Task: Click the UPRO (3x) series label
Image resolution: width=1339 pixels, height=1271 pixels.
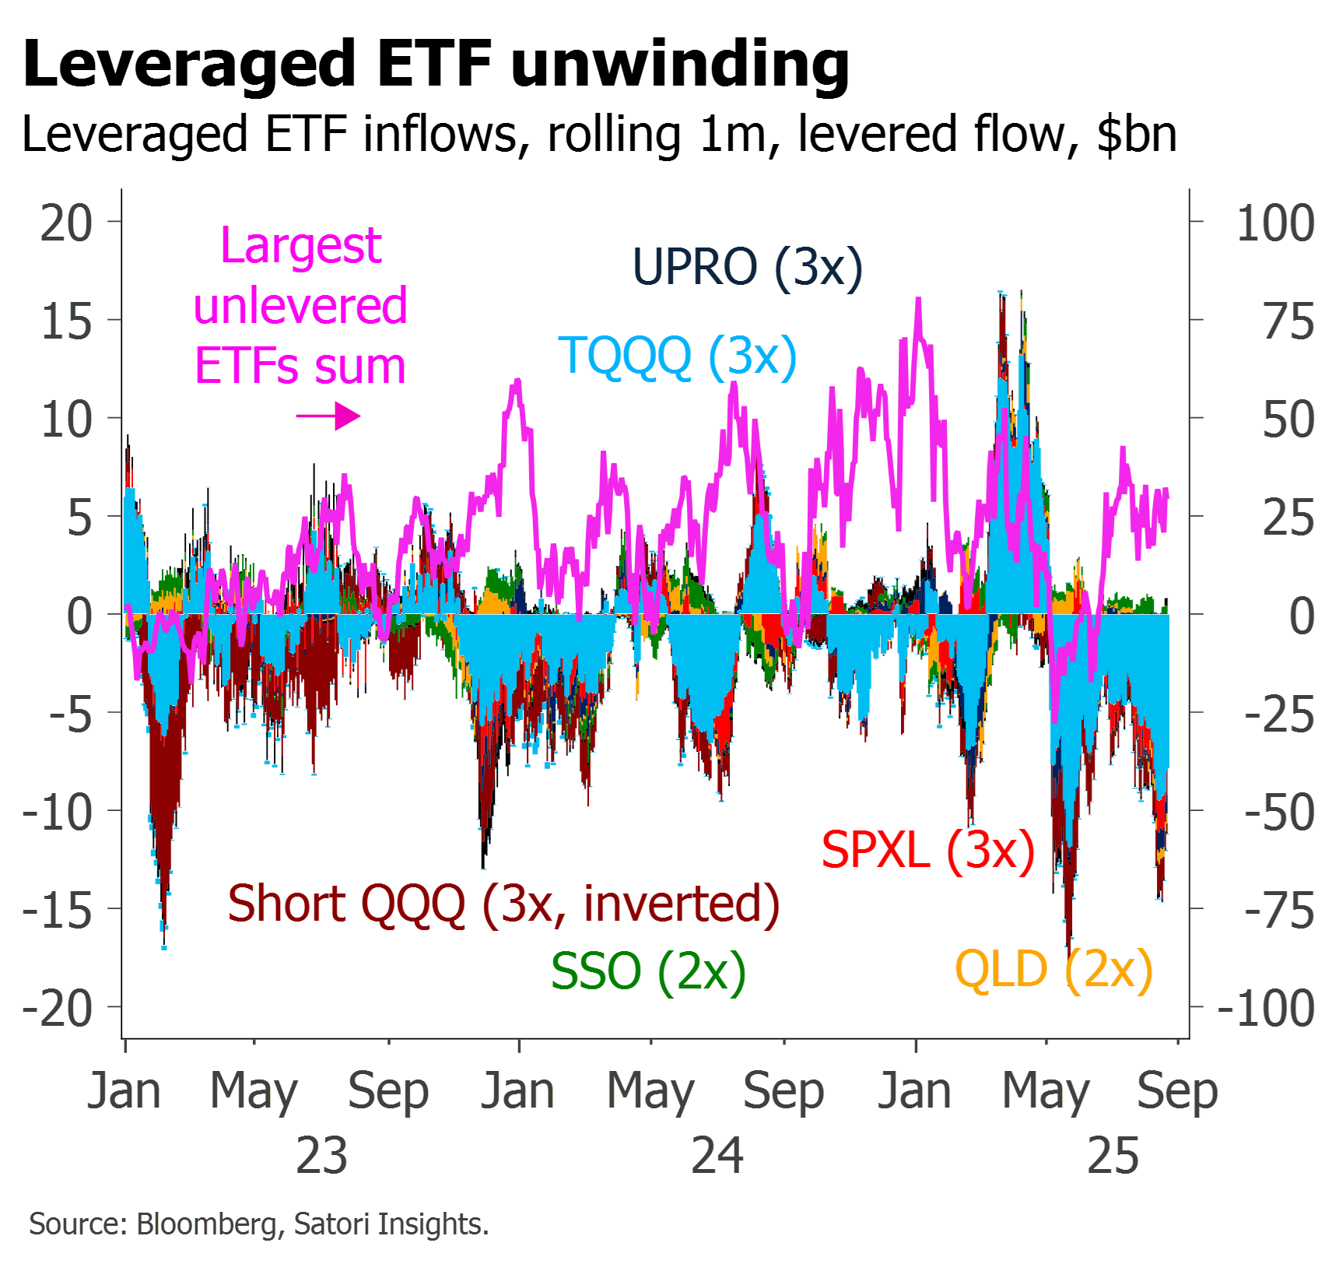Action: (x=747, y=267)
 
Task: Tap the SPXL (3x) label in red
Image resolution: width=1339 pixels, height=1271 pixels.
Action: (x=928, y=850)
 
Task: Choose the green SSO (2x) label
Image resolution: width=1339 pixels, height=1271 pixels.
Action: (x=648, y=971)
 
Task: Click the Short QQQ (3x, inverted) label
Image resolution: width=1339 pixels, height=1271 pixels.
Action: (x=503, y=904)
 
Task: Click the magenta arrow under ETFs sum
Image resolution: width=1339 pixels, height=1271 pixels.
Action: (x=328, y=416)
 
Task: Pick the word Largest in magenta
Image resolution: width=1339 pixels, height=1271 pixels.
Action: (x=301, y=246)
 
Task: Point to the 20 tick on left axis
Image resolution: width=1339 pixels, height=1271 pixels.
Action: (x=67, y=223)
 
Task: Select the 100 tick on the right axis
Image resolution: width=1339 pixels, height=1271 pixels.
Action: (x=1275, y=223)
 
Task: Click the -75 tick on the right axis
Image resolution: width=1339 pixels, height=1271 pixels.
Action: (x=1280, y=910)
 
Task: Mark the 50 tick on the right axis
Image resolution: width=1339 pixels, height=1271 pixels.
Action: (x=1288, y=420)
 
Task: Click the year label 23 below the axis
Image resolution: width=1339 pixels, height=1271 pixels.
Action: (x=321, y=1156)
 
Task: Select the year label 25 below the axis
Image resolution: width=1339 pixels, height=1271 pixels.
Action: (x=1113, y=1156)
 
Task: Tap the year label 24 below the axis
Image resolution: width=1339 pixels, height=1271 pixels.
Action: (x=717, y=1156)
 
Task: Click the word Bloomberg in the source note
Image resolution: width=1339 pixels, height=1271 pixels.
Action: (x=207, y=1224)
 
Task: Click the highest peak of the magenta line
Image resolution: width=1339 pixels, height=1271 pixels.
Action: (x=919, y=301)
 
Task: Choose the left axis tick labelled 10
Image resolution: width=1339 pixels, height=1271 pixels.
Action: (x=67, y=420)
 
